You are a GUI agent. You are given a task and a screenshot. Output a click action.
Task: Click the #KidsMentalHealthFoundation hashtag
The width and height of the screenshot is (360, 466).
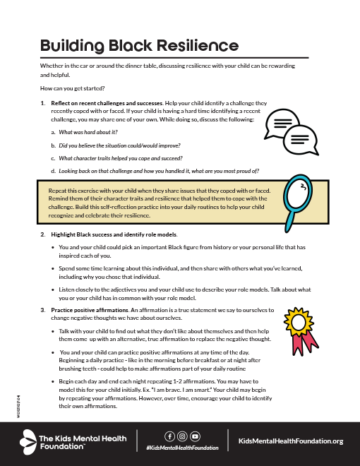point(181,448)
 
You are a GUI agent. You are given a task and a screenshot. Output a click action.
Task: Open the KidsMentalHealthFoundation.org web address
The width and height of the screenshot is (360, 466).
point(291,441)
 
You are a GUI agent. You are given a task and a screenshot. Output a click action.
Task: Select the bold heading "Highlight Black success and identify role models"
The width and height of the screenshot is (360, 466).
point(114,234)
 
